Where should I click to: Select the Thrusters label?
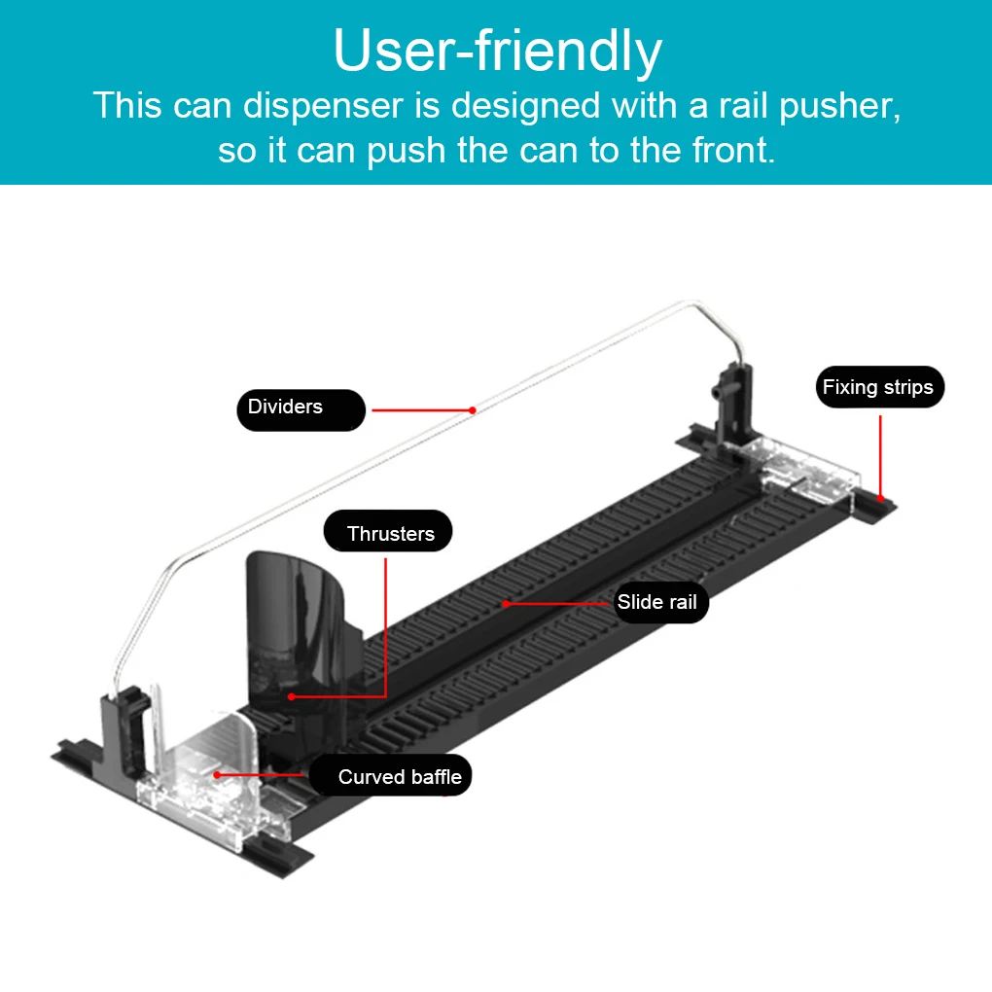pos(389,533)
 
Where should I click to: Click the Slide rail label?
pos(656,602)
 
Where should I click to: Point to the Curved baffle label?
pos(399,777)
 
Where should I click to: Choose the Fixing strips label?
pos(877,387)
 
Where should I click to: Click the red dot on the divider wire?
pos(473,409)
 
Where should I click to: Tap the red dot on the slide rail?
pos(506,603)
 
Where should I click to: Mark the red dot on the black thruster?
pos(291,696)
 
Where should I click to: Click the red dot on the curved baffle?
pos(217,775)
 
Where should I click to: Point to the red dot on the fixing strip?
pos(880,497)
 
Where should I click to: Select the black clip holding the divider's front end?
pos(126,720)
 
